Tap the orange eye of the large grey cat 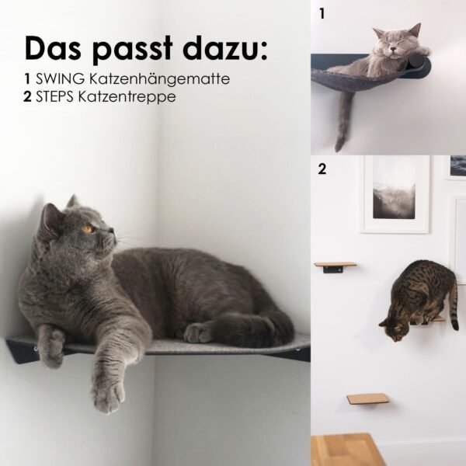pyautogui.click(x=89, y=229)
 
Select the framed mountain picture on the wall pyautogui.click(x=395, y=193)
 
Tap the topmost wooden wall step pyautogui.click(x=335, y=265)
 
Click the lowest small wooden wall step pyautogui.click(x=367, y=398)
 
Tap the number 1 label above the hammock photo pyautogui.click(x=321, y=13)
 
